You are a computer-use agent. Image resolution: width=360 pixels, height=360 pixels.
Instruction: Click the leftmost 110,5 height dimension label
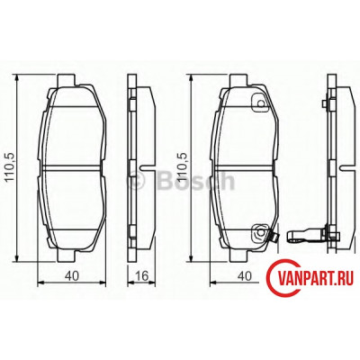(x=10, y=166)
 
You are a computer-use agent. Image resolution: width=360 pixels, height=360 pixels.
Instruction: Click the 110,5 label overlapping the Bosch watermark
(x=183, y=166)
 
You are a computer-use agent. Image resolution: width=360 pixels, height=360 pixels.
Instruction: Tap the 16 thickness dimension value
(x=142, y=276)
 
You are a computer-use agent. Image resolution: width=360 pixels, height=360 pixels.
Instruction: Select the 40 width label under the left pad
(x=72, y=276)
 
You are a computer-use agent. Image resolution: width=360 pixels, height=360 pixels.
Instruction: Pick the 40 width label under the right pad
(x=245, y=276)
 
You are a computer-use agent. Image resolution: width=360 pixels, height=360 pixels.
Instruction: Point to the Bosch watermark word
(x=195, y=181)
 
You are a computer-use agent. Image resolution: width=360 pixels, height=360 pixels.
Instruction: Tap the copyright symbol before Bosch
(x=137, y=181)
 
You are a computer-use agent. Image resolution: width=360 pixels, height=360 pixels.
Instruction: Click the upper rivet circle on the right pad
(x=261, y=103)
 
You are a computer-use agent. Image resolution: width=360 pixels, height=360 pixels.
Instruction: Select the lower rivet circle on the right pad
(x=260, y=232)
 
